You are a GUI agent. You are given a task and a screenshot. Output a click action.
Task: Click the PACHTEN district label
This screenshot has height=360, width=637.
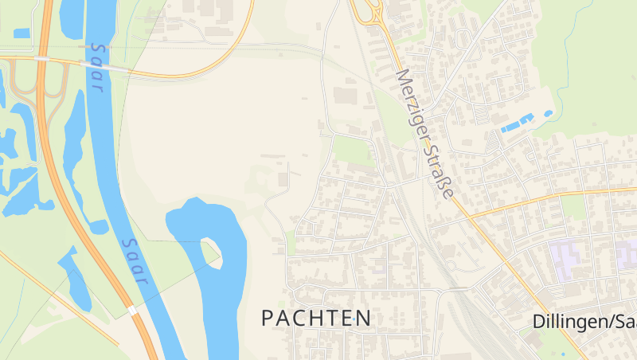pos(316,319)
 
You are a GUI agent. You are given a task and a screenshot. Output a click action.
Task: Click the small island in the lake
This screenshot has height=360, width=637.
pos(210,249)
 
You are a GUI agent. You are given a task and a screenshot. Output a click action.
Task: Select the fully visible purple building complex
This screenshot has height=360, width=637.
pos(570,257)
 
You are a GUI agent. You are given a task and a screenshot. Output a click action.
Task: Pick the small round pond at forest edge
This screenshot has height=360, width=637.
pos(548,114)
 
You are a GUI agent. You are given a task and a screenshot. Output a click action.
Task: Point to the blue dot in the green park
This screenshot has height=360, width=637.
pos(562,354)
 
